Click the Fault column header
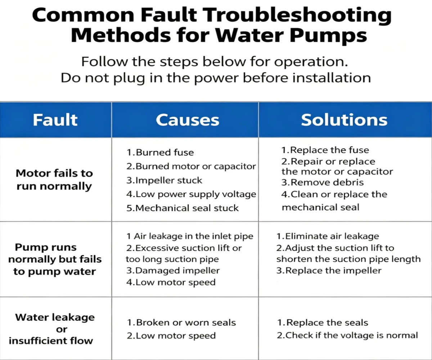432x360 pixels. coord(55,120)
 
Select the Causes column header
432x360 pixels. coord(188,120)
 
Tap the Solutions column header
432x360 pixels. coord(344,120)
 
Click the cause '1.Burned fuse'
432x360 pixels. coord(160,153)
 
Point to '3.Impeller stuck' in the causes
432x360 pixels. coord(164,180)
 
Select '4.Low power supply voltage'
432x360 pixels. coord(191,194)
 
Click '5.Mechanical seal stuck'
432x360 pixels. coord(183,208)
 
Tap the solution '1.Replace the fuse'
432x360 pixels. coord(325,150)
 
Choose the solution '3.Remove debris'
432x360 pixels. coord(322,183)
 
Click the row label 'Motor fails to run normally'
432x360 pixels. coord(54,180)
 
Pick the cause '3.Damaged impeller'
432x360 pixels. coord(173,270)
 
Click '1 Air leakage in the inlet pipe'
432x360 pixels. coord(190,236)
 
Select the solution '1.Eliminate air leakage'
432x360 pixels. coord(328,236)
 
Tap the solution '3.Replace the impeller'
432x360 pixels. coord(329,270)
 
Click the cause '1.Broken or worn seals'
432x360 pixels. coord(181,323)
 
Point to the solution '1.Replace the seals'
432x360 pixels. coord(323,323)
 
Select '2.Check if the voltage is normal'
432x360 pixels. coord(347,336)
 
